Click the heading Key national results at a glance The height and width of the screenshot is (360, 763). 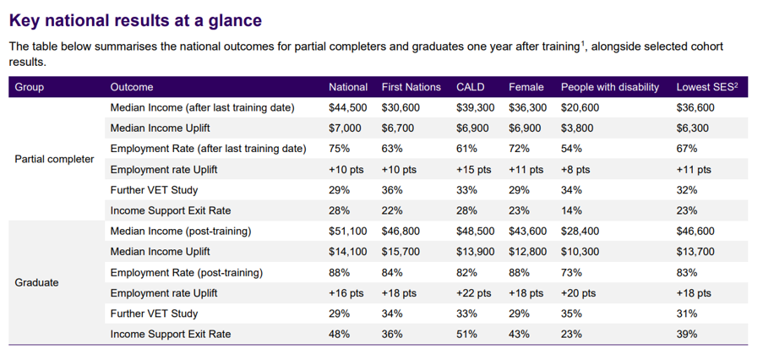135,20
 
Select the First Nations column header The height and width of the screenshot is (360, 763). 411,87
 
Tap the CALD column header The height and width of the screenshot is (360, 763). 471,87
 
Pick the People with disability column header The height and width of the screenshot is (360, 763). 610,87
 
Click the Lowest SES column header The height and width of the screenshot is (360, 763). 707,87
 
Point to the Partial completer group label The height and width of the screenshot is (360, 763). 54,159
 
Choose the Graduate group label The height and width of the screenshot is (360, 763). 36,282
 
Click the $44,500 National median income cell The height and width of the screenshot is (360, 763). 348,107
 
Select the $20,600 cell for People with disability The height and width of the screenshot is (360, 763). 580,107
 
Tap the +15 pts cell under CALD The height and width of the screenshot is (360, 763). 474,170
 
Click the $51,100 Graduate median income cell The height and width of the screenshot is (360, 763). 348,231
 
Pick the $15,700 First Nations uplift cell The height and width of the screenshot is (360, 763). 401,252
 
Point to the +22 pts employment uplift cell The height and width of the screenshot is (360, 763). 474,293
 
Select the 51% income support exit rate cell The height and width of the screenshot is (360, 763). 466,334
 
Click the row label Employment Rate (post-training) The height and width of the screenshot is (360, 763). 187,273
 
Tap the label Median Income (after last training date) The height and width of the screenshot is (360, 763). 203,107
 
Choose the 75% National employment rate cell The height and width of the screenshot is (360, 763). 339,149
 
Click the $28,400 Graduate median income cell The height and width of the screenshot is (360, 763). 580,231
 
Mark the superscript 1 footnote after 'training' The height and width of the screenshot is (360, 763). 582,44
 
